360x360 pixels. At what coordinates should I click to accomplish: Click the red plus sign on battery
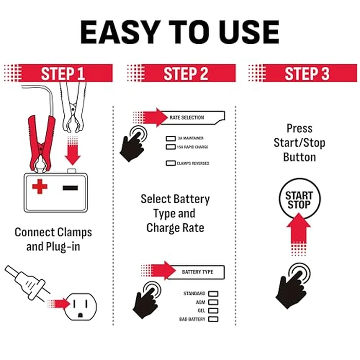[40, 187]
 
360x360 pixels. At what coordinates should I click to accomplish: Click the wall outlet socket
[82, 307]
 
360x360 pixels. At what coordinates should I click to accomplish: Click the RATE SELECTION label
[187, 118]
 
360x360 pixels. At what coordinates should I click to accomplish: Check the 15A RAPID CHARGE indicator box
[171, 147]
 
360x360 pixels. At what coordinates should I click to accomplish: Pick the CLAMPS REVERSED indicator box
[171, 164]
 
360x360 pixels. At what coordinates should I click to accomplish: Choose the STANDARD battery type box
[213, 294]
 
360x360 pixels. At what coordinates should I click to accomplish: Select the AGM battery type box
[213, 302]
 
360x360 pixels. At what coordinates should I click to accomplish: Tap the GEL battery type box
[213, 311]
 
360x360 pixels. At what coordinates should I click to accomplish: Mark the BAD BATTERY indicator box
[213, 319]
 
